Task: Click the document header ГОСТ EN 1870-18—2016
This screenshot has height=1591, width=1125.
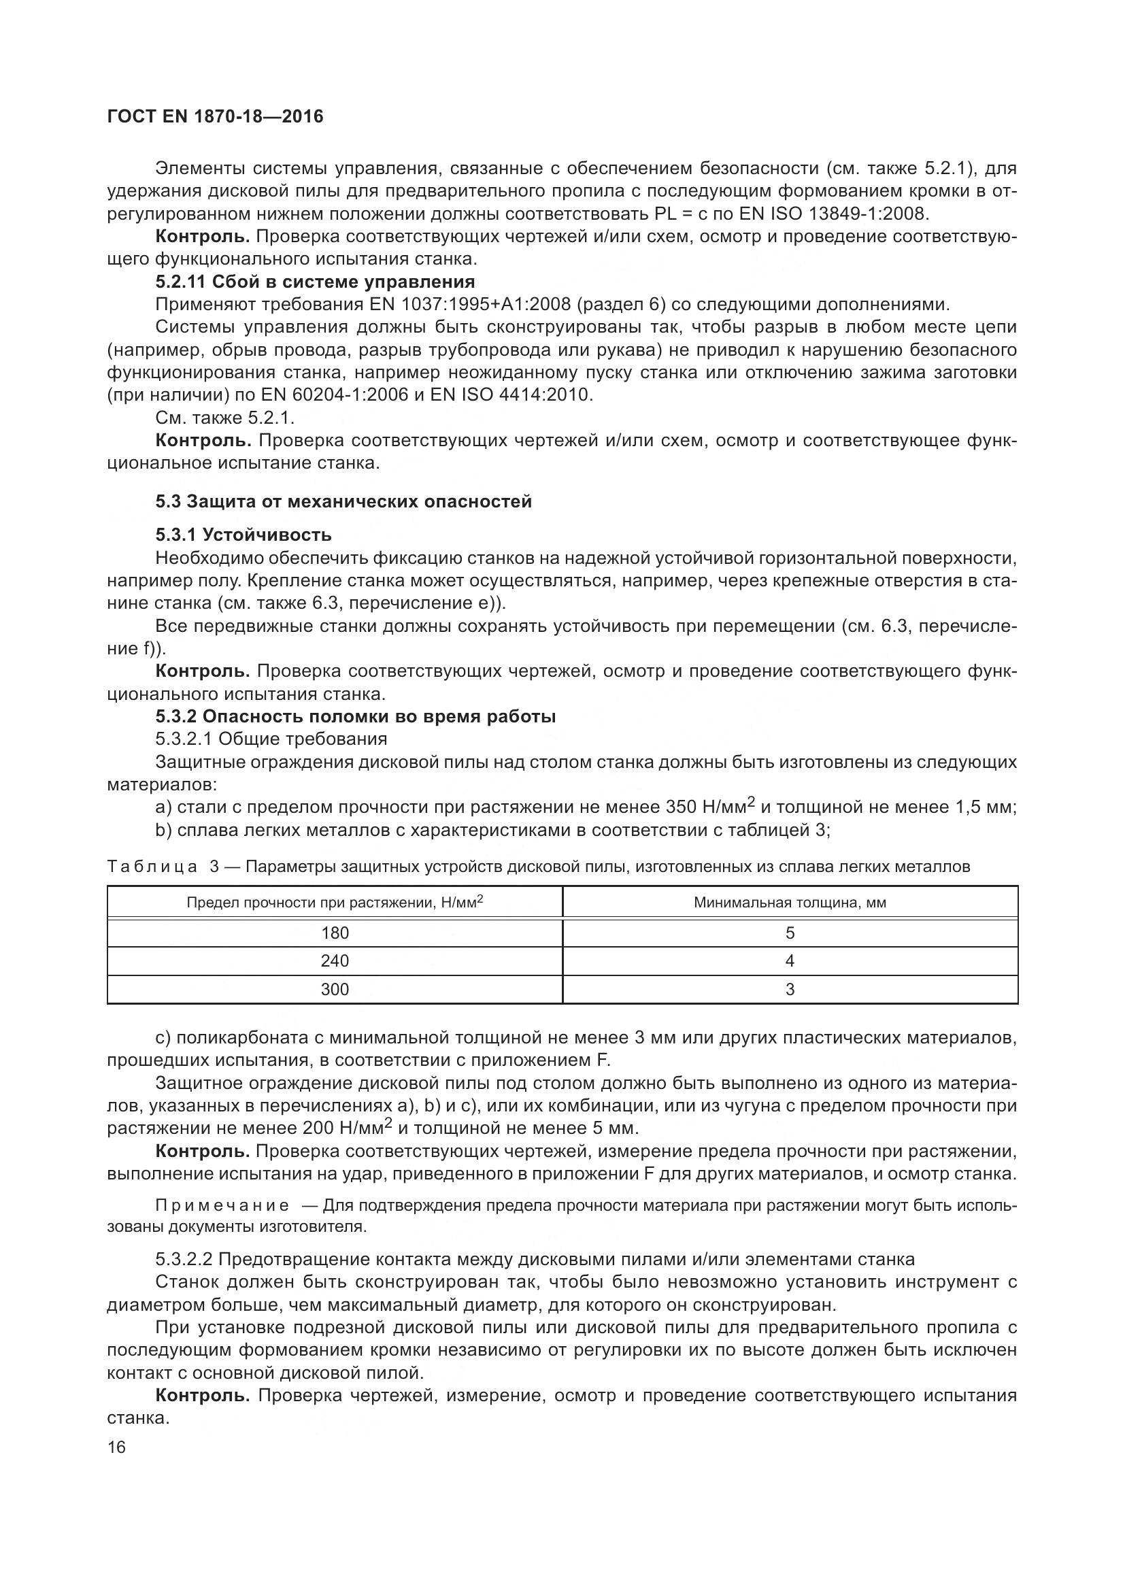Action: [216, 116]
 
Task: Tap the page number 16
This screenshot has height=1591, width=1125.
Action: [116, 1447]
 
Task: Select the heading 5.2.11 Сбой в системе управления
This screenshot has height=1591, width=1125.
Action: [315, 282]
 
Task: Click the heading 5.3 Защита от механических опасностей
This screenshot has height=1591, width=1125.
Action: [343, 501]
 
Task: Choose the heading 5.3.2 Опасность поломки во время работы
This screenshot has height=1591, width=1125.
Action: [355, 716]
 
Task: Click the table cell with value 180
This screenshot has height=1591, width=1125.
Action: [335, 933]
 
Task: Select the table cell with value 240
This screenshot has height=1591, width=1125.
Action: [335, 961]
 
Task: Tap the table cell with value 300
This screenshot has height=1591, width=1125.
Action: [335, 990]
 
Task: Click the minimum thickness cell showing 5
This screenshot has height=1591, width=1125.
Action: [790, 933]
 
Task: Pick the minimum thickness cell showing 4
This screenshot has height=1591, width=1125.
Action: [790, 961]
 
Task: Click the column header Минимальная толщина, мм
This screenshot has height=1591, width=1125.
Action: [790, 903]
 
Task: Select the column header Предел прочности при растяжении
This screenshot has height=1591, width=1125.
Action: [335, 903]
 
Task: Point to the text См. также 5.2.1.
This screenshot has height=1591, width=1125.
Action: [225, 418]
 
